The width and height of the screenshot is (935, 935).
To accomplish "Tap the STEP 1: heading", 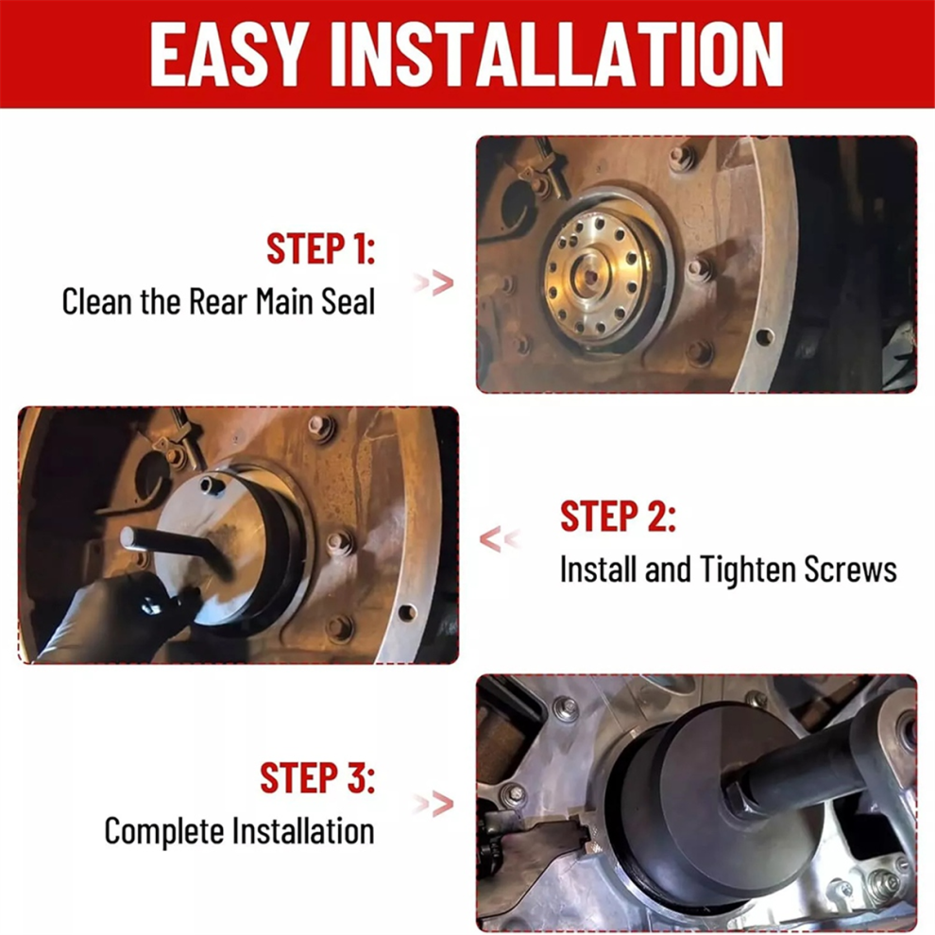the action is pos(321,248).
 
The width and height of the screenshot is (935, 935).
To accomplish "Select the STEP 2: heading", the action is pos(618,516).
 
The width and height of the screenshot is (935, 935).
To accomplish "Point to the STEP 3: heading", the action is pos(318,777).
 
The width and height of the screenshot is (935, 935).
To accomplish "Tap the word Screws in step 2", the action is pos(850,569).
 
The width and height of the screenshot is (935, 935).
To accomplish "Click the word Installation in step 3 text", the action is pos(303,831).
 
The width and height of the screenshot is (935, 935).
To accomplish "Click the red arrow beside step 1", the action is pos(434,282).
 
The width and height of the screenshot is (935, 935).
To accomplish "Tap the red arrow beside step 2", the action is pos(500,539).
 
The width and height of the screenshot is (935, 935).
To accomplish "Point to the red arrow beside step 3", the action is pos(434,805).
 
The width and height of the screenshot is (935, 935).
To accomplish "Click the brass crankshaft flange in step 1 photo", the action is pos(600,278).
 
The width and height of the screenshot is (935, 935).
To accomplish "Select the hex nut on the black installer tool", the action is pos(743,795).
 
